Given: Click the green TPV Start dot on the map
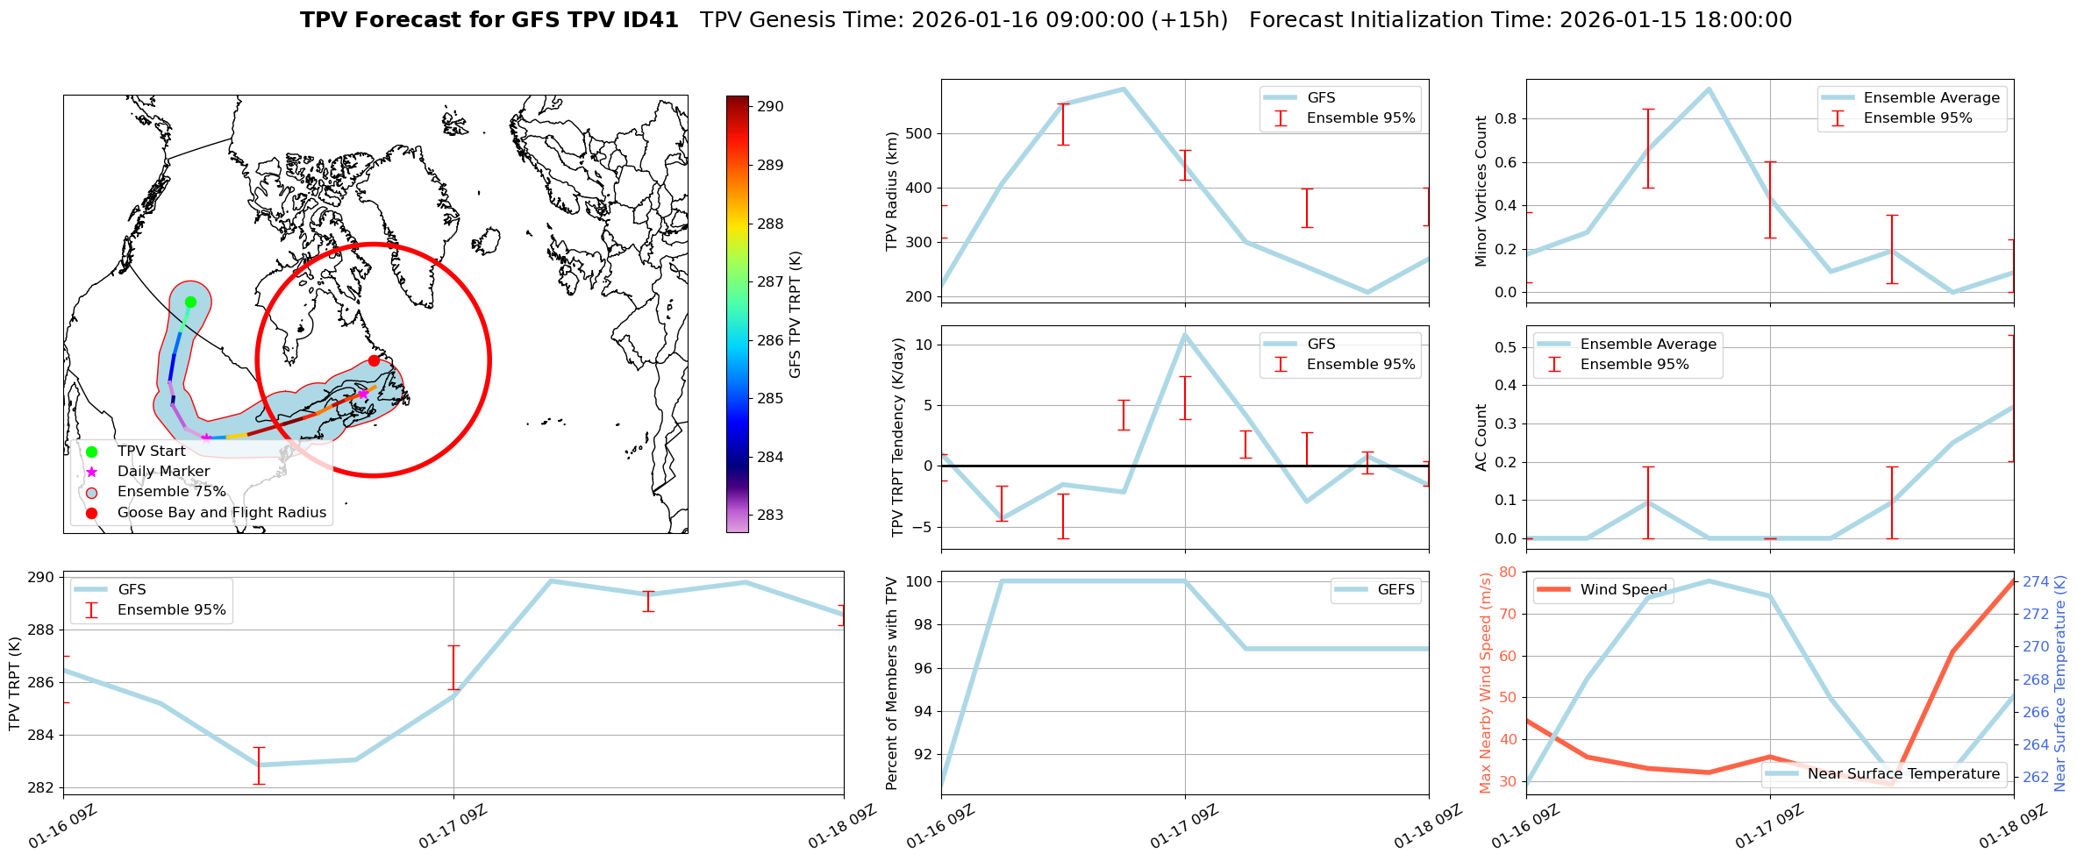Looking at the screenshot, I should (190, 302).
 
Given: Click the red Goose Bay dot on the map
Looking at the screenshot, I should (374, 360).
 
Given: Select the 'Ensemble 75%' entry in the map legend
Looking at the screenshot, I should (171, 492).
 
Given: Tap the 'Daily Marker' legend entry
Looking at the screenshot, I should (163, 472).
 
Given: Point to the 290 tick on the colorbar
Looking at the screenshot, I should (769, 107).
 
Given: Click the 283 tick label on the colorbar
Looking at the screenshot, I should (769, 516).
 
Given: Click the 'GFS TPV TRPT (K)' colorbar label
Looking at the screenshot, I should (796, 315).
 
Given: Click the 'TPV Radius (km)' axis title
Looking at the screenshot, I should (892, 191).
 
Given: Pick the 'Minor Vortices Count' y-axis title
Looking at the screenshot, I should (1481, 191).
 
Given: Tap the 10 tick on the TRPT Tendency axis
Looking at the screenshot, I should (923, 345).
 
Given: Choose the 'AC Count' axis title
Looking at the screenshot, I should (1481, 438).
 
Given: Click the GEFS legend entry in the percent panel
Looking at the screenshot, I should (1395, 590).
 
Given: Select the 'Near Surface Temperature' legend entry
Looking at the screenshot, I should (1903, 774).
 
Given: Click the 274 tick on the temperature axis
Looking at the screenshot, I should (2036, 582).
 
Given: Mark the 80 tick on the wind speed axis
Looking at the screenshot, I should (1509, 573).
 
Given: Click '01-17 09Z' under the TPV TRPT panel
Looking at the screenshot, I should (453, 827).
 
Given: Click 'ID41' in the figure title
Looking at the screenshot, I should (648, 20).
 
